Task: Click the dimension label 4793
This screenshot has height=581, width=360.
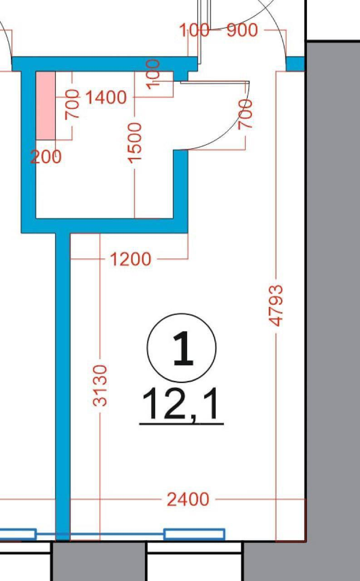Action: pos(276,305)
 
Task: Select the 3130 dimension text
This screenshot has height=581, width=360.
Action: pos(100,385)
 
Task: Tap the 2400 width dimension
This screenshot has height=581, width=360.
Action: pos(188,499)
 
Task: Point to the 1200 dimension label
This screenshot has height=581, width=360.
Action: pos(130,259)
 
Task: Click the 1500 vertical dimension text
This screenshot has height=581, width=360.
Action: pos(135,143)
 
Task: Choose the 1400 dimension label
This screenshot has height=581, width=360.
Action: pos(106,97)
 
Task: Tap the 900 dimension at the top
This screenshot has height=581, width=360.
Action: pos(242,30)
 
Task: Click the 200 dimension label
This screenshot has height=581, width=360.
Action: pos(46,157)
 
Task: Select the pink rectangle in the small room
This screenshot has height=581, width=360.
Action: pos(45,106)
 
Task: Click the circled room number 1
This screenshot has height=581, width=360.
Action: pos(182,348)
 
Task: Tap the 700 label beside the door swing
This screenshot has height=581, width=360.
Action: pos(245,114)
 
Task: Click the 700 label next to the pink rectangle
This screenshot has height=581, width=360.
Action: pos(72,104)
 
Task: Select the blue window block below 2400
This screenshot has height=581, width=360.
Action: pos(194,534)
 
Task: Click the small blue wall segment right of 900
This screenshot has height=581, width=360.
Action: pos(295,64)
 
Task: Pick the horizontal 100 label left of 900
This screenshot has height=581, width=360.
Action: pos(194,30)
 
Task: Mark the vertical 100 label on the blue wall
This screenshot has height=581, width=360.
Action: pos(153,74)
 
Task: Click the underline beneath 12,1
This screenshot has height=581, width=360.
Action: pos(182,424)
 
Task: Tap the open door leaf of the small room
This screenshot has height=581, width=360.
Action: pos(215,83)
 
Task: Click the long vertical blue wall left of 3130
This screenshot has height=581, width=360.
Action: pos(63,386)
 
